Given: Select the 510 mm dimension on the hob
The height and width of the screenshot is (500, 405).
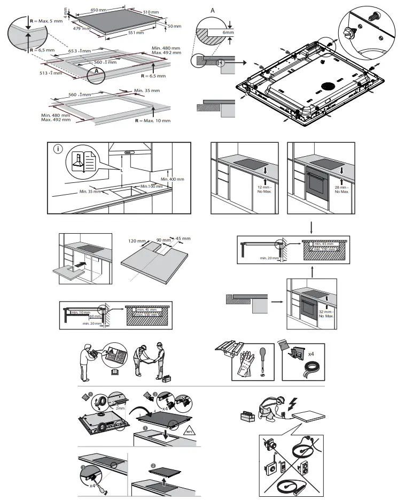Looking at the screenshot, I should (x=151, y=12).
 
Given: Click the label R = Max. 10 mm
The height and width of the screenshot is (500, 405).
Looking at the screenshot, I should (x=153, y=121).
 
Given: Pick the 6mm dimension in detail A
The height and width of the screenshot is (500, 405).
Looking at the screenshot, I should (x=229, y=32).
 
